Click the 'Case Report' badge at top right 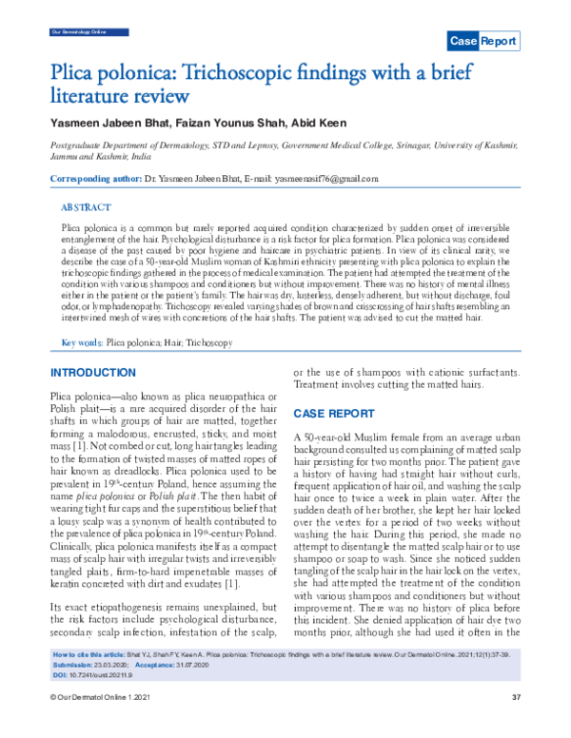(483, 41)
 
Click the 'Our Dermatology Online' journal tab (74, 32)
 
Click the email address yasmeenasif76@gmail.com (326, 179)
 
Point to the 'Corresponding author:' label (93, 179)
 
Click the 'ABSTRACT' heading (86, 206)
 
